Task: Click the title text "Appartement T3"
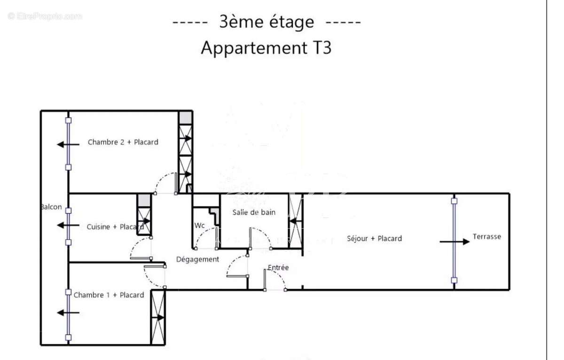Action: [266, 48]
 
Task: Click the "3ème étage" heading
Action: [266, 22]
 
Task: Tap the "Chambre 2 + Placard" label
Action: [123, 142]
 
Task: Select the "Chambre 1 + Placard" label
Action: [109, 295]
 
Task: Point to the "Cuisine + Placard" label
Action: [115, 227]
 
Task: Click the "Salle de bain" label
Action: [254, 212]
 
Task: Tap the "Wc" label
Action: [200, 226]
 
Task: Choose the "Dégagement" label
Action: [197, 259]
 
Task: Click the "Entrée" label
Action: [278, 267]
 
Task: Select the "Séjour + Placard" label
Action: [374, 238]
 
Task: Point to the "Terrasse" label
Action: [486, 237]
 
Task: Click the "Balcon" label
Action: [51, 207]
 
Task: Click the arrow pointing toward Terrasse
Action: [454, 242]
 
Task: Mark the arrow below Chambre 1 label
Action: [68, 313]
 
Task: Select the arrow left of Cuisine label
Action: [68, 226]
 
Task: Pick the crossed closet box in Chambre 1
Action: [157, 317]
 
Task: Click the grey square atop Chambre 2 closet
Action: [186, 117]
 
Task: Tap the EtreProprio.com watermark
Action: [45, 16]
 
